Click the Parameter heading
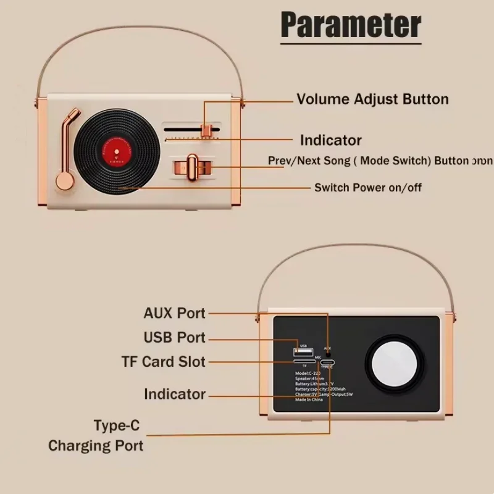pyautogui.click(x=351, y=25)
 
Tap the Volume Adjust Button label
pyautogui.click(x=372, y=99)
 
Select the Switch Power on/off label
pyautogui.click(x=368, y=187)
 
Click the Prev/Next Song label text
pyautogui.click(x=368, y=161)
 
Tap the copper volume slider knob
pyautogui.click(x=208, y=130)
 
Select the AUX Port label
pyautogui.click(x=174, y=312)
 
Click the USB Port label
pyautogui.click(x=174, y=338)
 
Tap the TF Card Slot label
pyautogui.click(x=163, y=362)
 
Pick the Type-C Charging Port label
pyautogui.click(x=96, y=435)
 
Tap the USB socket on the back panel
pyautogui.click(x=303, y=352)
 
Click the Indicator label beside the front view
pyautogui.click(x=330, y=140)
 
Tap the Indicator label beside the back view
pyautogui.click(x=174, y=394)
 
